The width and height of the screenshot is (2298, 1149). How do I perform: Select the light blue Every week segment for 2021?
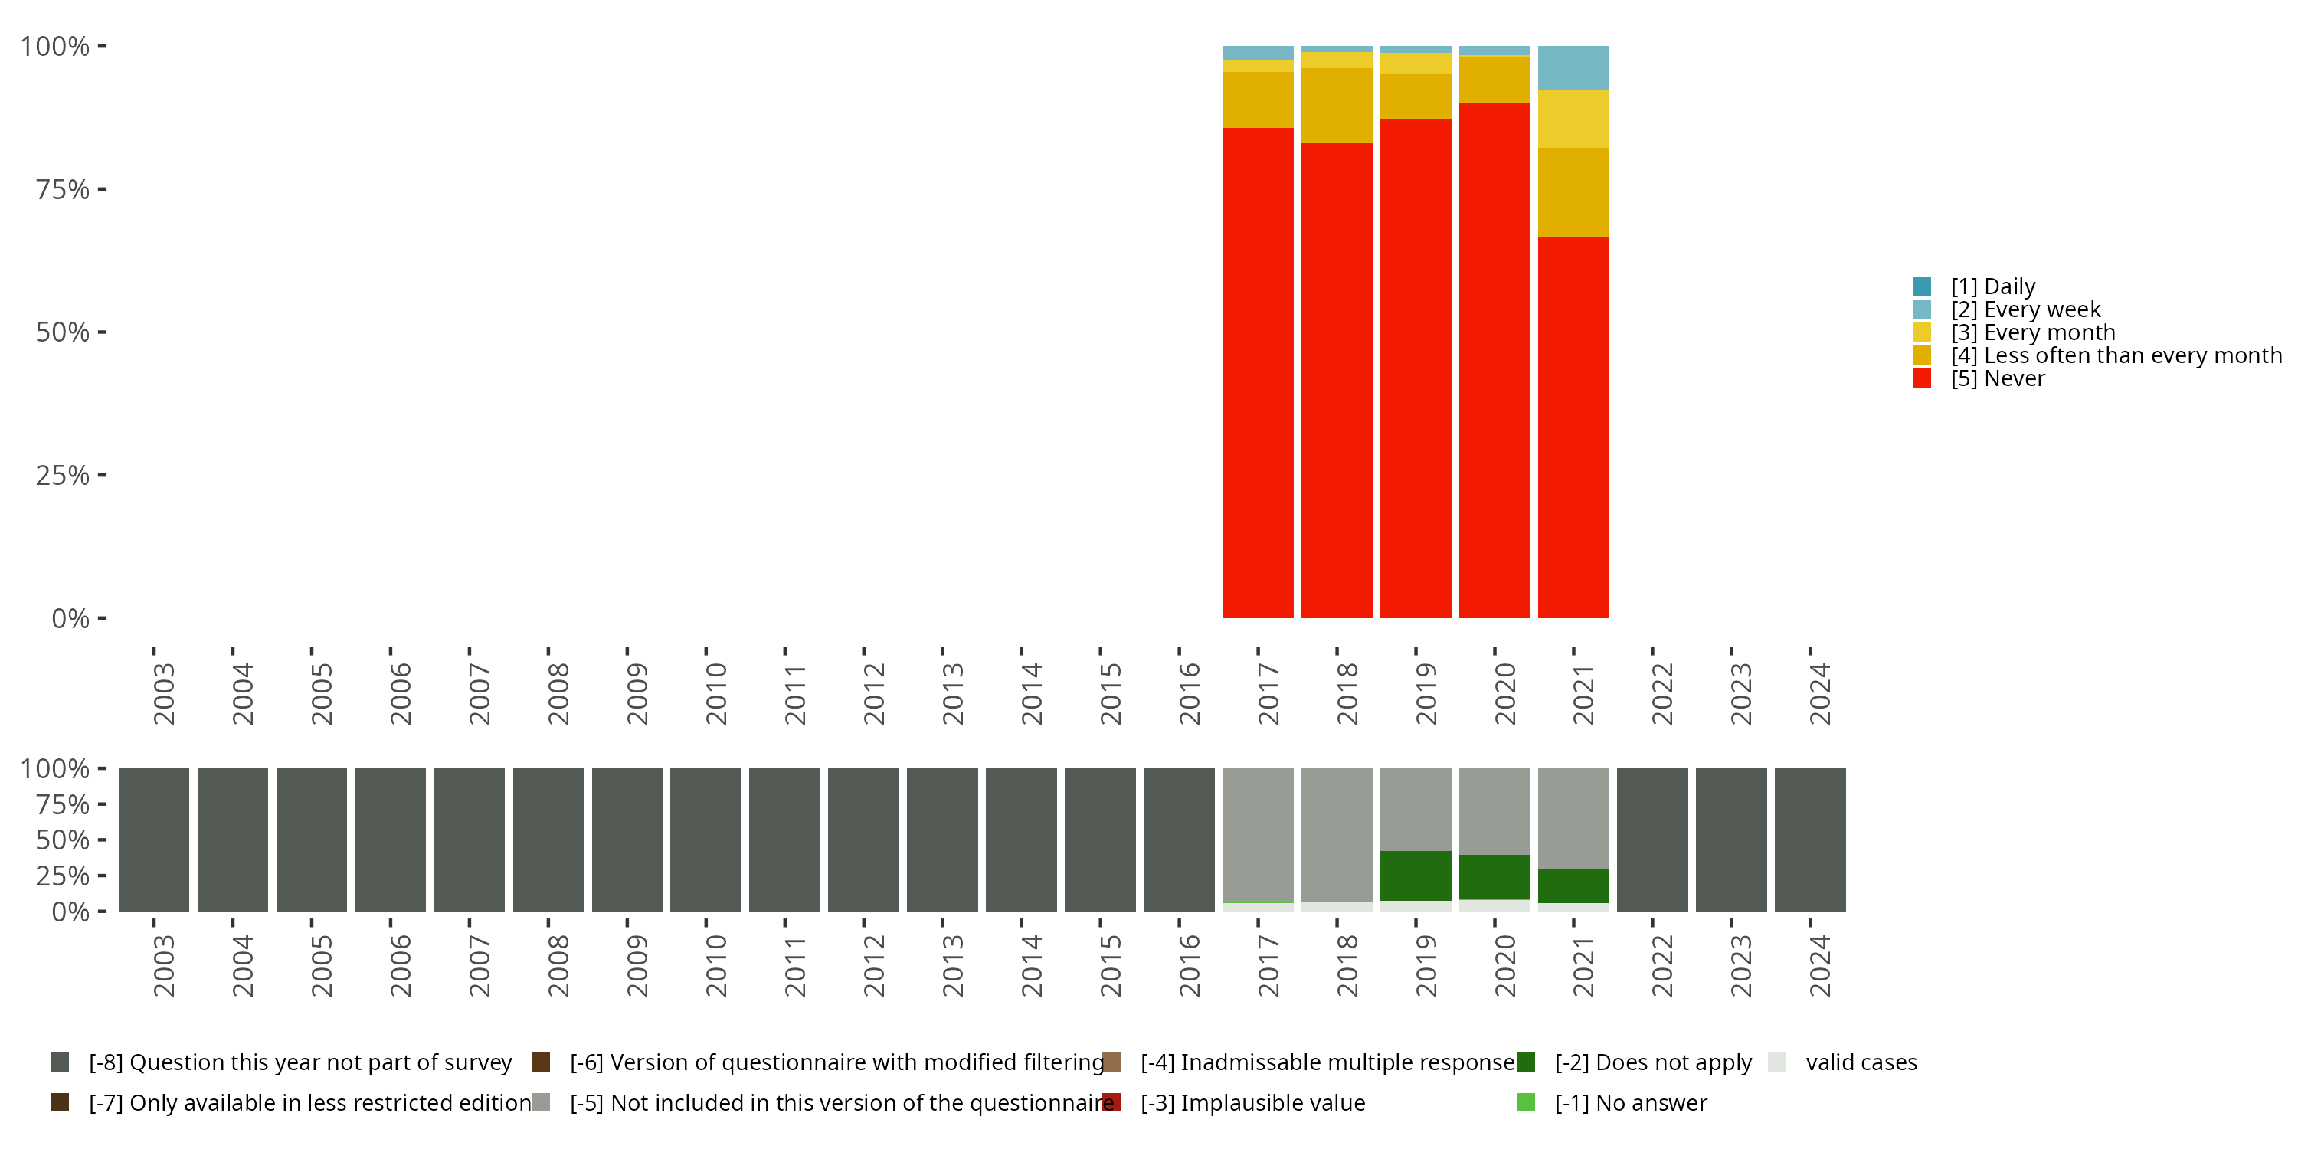tap(1573, 68)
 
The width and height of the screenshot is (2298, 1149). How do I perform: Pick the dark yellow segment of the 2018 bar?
tap(1337, 105)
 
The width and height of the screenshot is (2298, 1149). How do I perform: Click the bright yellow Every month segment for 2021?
tap(1573, 119)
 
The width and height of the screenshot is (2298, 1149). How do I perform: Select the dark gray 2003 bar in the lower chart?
tap(153, 840)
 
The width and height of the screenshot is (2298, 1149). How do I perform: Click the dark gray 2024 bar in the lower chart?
tap(1809, 840)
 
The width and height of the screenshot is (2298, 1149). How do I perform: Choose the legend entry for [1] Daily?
tap(1992, 286)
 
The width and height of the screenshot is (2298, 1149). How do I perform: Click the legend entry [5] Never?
tap(1996, 378)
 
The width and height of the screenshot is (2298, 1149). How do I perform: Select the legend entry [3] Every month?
tap(2032, 332)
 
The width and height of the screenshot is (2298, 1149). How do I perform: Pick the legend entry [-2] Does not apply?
tap(1652, 1062)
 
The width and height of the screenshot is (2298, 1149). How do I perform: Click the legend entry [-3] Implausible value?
tap(1252, 1102)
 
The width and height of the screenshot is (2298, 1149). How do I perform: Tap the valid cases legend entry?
tap(1860, 1062)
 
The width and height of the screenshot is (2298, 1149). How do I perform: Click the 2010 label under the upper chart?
tap(716, 693)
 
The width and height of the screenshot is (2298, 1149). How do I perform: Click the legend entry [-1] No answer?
tap(1630, 1102)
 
